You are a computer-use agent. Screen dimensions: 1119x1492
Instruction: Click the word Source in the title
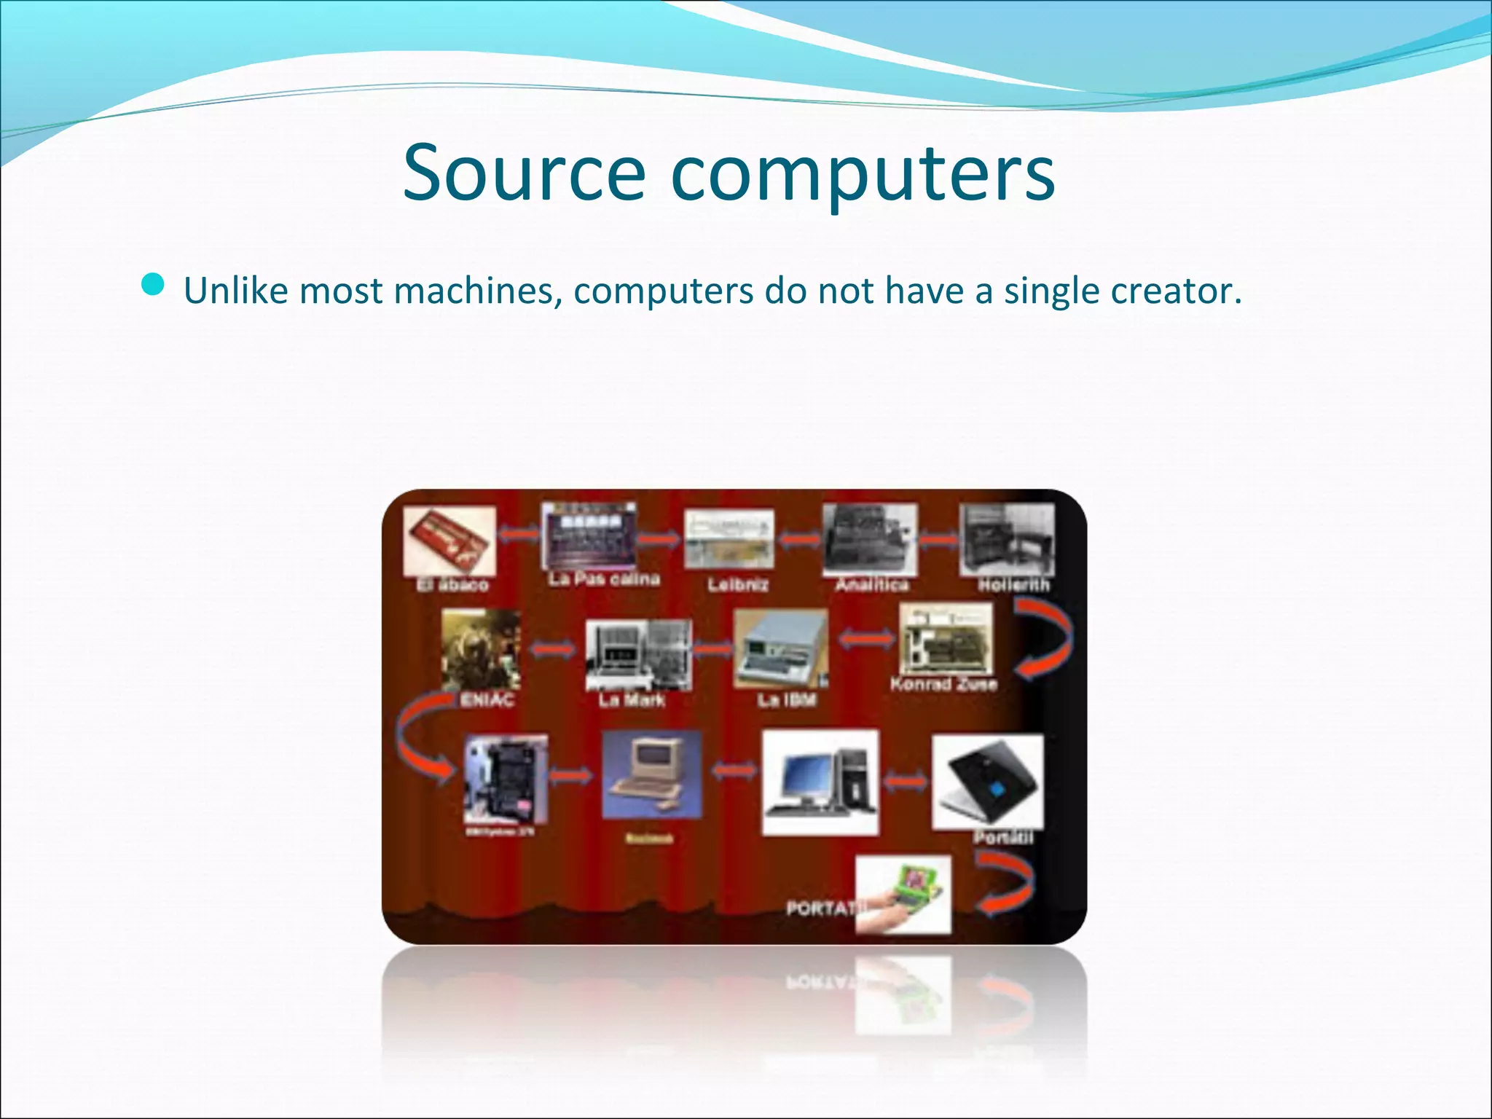[523, 173]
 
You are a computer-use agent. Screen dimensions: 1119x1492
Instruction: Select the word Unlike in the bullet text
[236, 291]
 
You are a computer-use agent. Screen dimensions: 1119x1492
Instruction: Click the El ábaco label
[452, 584]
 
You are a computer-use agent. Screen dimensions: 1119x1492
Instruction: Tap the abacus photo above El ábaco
[449, 540]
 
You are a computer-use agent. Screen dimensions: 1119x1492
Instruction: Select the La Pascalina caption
[604, 579]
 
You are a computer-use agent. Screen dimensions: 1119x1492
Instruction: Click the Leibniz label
[737, 584]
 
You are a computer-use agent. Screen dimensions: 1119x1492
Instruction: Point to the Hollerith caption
[1013, 584]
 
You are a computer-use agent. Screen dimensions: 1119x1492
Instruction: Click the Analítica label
[871, 584]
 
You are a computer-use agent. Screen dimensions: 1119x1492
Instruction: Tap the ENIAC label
[487, 700]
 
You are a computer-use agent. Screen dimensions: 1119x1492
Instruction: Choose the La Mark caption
[631, 700]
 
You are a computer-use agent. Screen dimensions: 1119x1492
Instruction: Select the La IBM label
[786, 700]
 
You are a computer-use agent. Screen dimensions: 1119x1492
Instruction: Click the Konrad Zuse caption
[943, 684]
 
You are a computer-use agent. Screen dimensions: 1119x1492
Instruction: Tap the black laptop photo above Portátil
[987, 781]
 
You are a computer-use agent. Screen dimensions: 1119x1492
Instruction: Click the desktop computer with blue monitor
[820, 782]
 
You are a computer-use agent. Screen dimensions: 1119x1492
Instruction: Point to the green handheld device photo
[903, 893]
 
